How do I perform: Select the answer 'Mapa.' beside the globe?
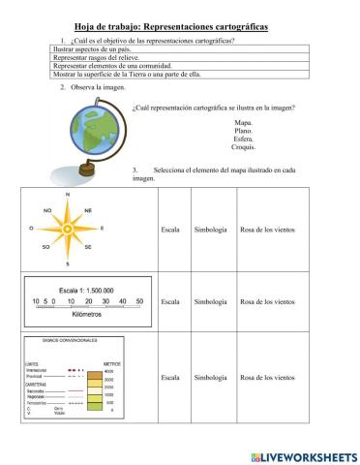243,123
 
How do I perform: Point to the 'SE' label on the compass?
88,248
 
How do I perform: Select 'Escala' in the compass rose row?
170,230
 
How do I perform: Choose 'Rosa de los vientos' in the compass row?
268,230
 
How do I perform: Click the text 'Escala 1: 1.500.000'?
86,290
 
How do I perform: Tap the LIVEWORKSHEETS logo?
303,454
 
